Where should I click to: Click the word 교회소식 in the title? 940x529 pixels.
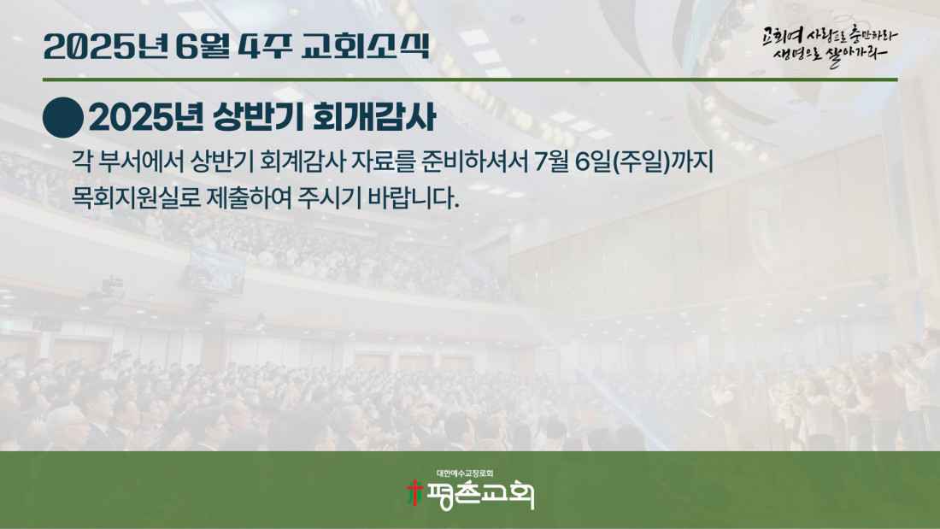[x=365, y=45]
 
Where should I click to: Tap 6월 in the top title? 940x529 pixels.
[x=203, y=45]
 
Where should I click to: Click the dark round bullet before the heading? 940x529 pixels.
[x=63, y=118]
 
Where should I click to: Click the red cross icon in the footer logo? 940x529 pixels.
[x=414, y=492]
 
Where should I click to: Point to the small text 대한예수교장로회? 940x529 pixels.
[x=465, y=473]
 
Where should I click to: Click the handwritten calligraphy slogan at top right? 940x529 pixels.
[x=830, y=46]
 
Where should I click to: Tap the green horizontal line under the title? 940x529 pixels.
[x=470, y=79]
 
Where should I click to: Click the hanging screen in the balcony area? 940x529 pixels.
[x=216, y=272]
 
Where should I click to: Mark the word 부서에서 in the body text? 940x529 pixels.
[x=141, y=162]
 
